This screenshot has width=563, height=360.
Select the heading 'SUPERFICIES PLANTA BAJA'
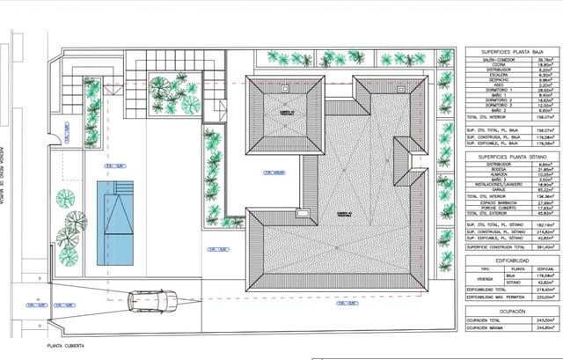[x=511, y=53]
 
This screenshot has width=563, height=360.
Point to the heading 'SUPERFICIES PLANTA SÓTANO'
[x=511, y=156]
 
